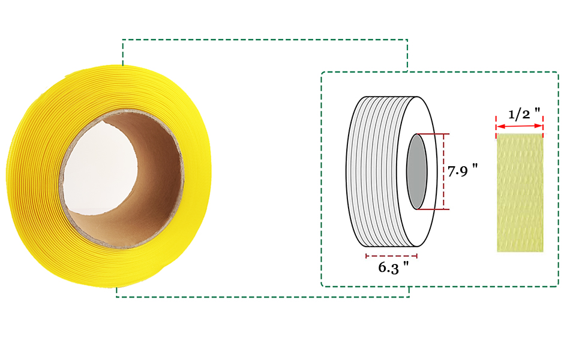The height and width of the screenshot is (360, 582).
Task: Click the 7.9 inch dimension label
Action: [x=463, y=171]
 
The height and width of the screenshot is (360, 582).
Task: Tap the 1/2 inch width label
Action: [x=524, y=113]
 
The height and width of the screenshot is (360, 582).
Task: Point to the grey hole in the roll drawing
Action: [x=416, y=172]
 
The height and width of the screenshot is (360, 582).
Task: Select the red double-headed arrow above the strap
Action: [x=520, y=127]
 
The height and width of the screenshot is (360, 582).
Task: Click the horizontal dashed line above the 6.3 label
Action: [x=391, y=256]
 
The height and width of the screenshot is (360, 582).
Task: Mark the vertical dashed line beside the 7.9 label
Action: [x=443, y=172]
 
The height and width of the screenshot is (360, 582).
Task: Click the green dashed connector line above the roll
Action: [x=264, y=40]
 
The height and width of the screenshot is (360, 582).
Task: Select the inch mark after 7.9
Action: [x=475, y=168]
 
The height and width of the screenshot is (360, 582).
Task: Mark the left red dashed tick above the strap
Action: [x=496, y=123]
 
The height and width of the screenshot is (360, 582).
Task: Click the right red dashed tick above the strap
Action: [x=543, y=123]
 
